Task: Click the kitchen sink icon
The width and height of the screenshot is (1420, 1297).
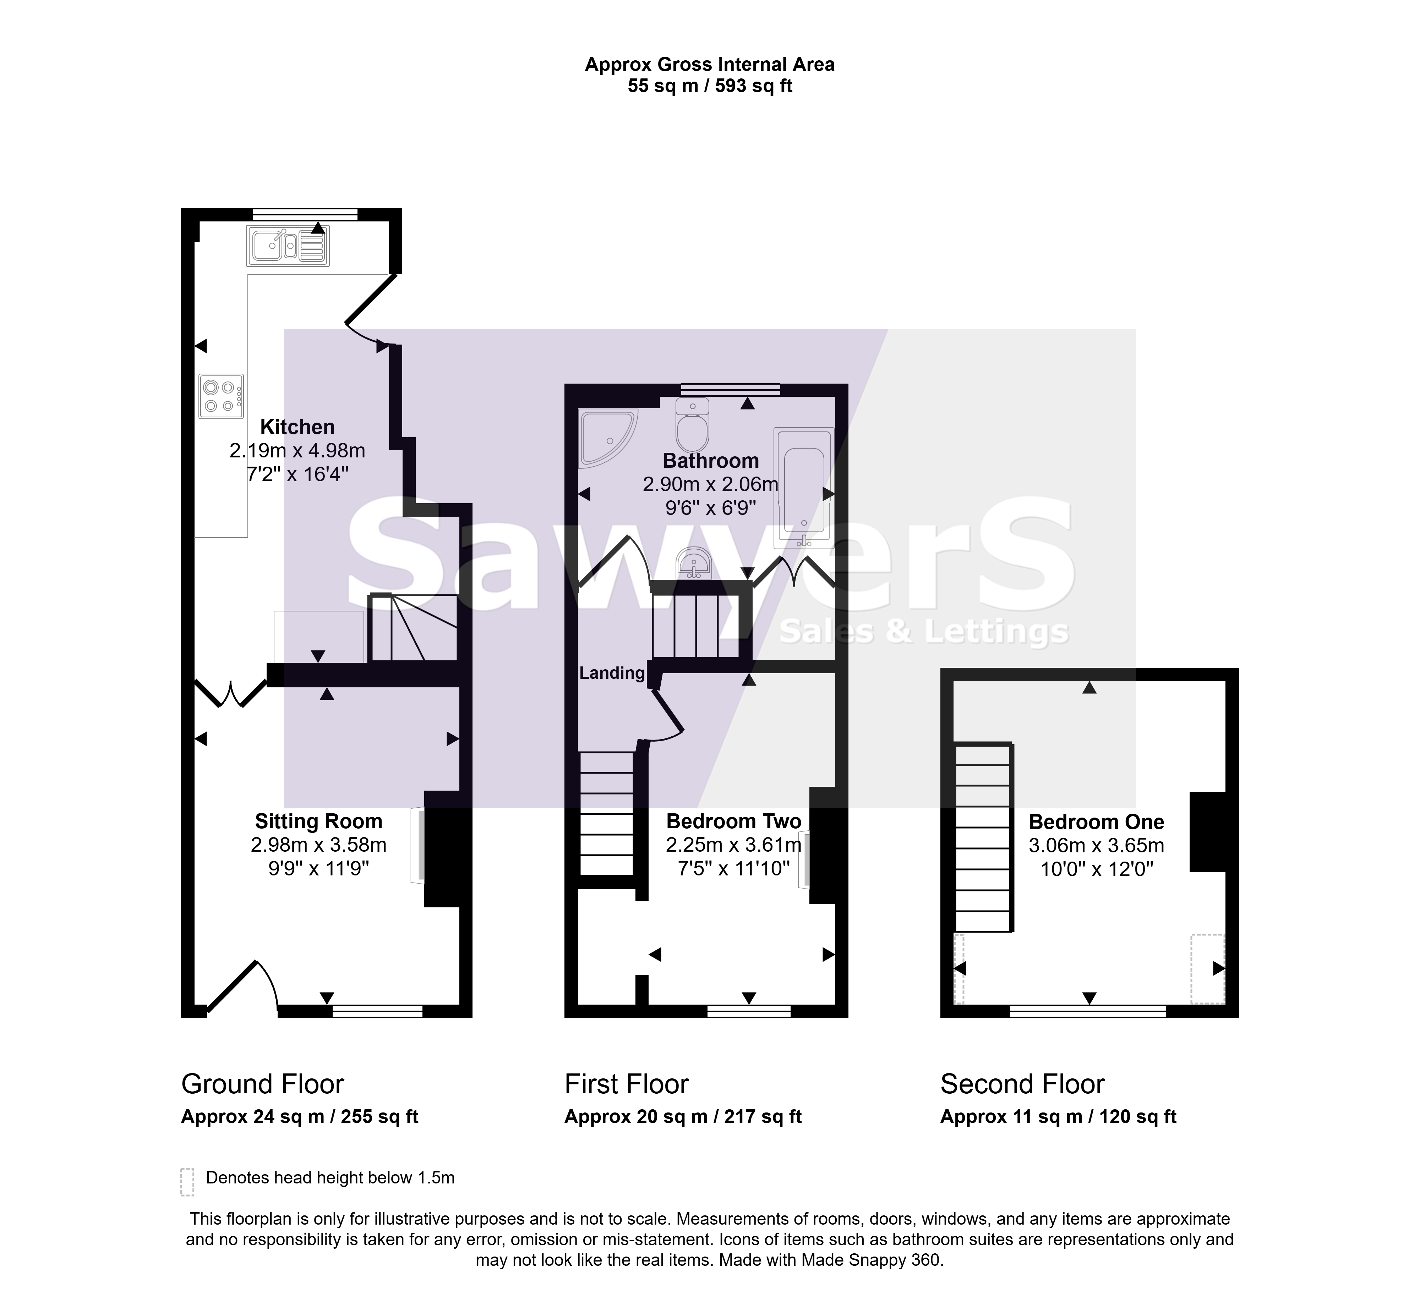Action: click(x=288, y=246)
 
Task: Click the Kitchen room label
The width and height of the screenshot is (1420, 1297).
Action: click(x=297, y=427)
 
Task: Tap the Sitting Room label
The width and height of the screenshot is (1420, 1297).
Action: click(x=318, y=821)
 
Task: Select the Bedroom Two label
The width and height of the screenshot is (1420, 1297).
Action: click(x=734, y=821)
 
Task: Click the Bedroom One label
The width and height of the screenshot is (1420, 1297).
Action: click(x=1097, y=822)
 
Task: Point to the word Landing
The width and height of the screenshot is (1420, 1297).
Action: click(x=612, y=673)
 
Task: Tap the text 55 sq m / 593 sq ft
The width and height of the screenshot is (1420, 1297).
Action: click(x=710, y=86)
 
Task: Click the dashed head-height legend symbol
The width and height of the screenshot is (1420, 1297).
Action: click(x=187, y=1182)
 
